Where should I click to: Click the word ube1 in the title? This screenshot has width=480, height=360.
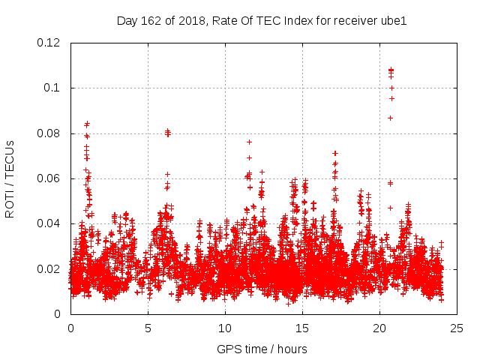pos(391,20)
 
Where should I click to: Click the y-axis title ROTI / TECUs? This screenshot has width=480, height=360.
pos(10,178)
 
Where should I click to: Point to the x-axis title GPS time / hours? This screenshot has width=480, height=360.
pos(262,349)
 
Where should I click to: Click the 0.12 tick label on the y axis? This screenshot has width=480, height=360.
pos(49,43)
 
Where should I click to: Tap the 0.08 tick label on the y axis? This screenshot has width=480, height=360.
pos(49,133)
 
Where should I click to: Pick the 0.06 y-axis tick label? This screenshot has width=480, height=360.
pos(49,178)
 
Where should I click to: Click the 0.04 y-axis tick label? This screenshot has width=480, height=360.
pos(49,223)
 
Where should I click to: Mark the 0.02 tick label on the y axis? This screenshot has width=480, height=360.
pos(49,269)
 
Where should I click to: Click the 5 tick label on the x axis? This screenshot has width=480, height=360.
pos(148,328)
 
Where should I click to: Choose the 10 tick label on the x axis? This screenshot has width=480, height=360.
pos(225,328)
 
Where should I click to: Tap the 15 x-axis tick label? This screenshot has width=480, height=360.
pos(302,328)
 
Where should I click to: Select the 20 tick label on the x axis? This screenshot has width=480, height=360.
pos(379,328)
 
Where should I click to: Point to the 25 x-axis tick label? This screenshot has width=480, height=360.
pos(457,328)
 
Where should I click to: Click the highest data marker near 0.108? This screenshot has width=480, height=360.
pos(391,70)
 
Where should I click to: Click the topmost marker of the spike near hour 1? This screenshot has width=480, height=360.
pos(87,124)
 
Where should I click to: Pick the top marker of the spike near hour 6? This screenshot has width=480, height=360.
pos(167,131)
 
